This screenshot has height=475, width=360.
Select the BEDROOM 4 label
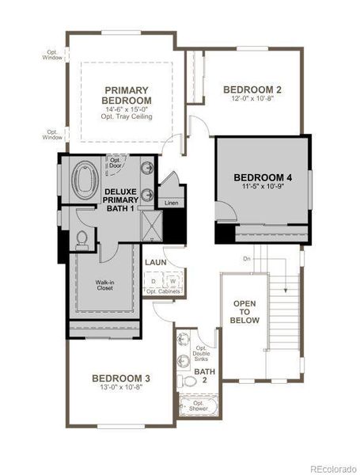263,178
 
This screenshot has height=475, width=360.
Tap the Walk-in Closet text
105,285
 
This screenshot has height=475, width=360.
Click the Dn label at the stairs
247,259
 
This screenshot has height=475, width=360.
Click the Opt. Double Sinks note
203,353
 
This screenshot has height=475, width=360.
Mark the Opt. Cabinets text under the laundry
163,292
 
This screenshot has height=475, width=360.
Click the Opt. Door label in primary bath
116,162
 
